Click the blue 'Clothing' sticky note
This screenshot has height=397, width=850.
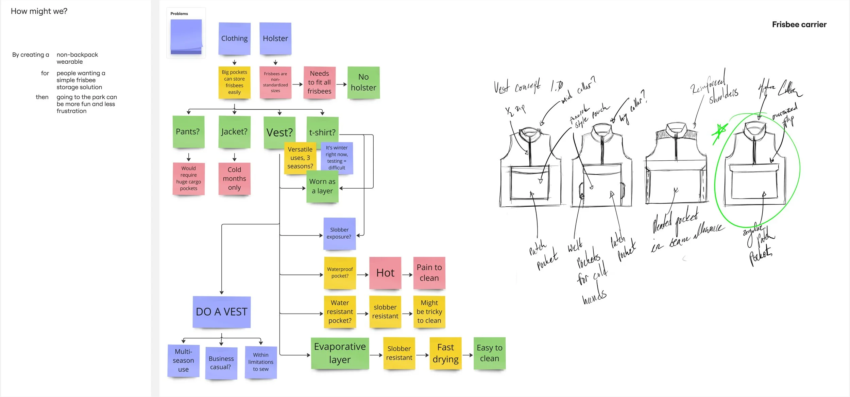coord(234,38)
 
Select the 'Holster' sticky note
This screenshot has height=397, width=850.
coord(275,38)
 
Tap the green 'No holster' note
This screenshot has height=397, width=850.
coord(363,82)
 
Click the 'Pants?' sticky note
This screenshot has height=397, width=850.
coord(188,132)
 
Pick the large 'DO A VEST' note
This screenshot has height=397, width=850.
coord(222,312)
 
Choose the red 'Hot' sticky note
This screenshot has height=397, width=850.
coord(385,273)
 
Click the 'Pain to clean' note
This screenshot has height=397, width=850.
coord(429,273)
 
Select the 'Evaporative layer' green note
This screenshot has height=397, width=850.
coord(340,353)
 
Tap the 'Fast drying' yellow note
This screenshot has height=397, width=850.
coord(445,353)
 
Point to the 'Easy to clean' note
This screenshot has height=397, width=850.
coord(489,353)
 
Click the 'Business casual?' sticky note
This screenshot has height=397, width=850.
coord(221,363)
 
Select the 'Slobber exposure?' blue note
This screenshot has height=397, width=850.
coord(339,234)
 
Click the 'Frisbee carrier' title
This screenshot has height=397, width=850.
coord(799,25)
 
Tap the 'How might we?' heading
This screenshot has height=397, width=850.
coord(39,11)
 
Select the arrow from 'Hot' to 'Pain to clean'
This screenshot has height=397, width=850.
coord(407,274)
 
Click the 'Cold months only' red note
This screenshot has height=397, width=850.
coord(234,179)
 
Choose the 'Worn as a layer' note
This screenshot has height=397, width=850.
coord(322,187)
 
